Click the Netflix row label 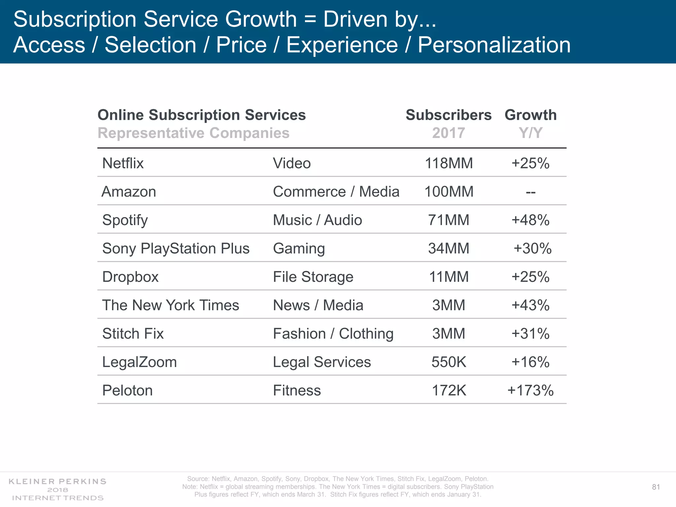point(123,163)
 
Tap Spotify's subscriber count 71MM point(449,220)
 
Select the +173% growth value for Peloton point(530,390)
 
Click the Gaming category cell point(299,249)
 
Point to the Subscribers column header point(449,115)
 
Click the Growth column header point(530,115)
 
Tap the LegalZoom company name point(139,362)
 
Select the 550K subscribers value point(449,362)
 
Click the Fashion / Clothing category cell point(333,334)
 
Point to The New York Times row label point(170,305)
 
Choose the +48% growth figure point(530,220)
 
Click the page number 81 point(656,487)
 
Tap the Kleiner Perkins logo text point(57,482)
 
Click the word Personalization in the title point(494,45)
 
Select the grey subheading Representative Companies point(193,133)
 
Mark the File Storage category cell point(313,277)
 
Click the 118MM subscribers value point(449,163)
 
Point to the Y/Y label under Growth point(530,133)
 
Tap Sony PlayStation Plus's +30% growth point(532,249)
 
